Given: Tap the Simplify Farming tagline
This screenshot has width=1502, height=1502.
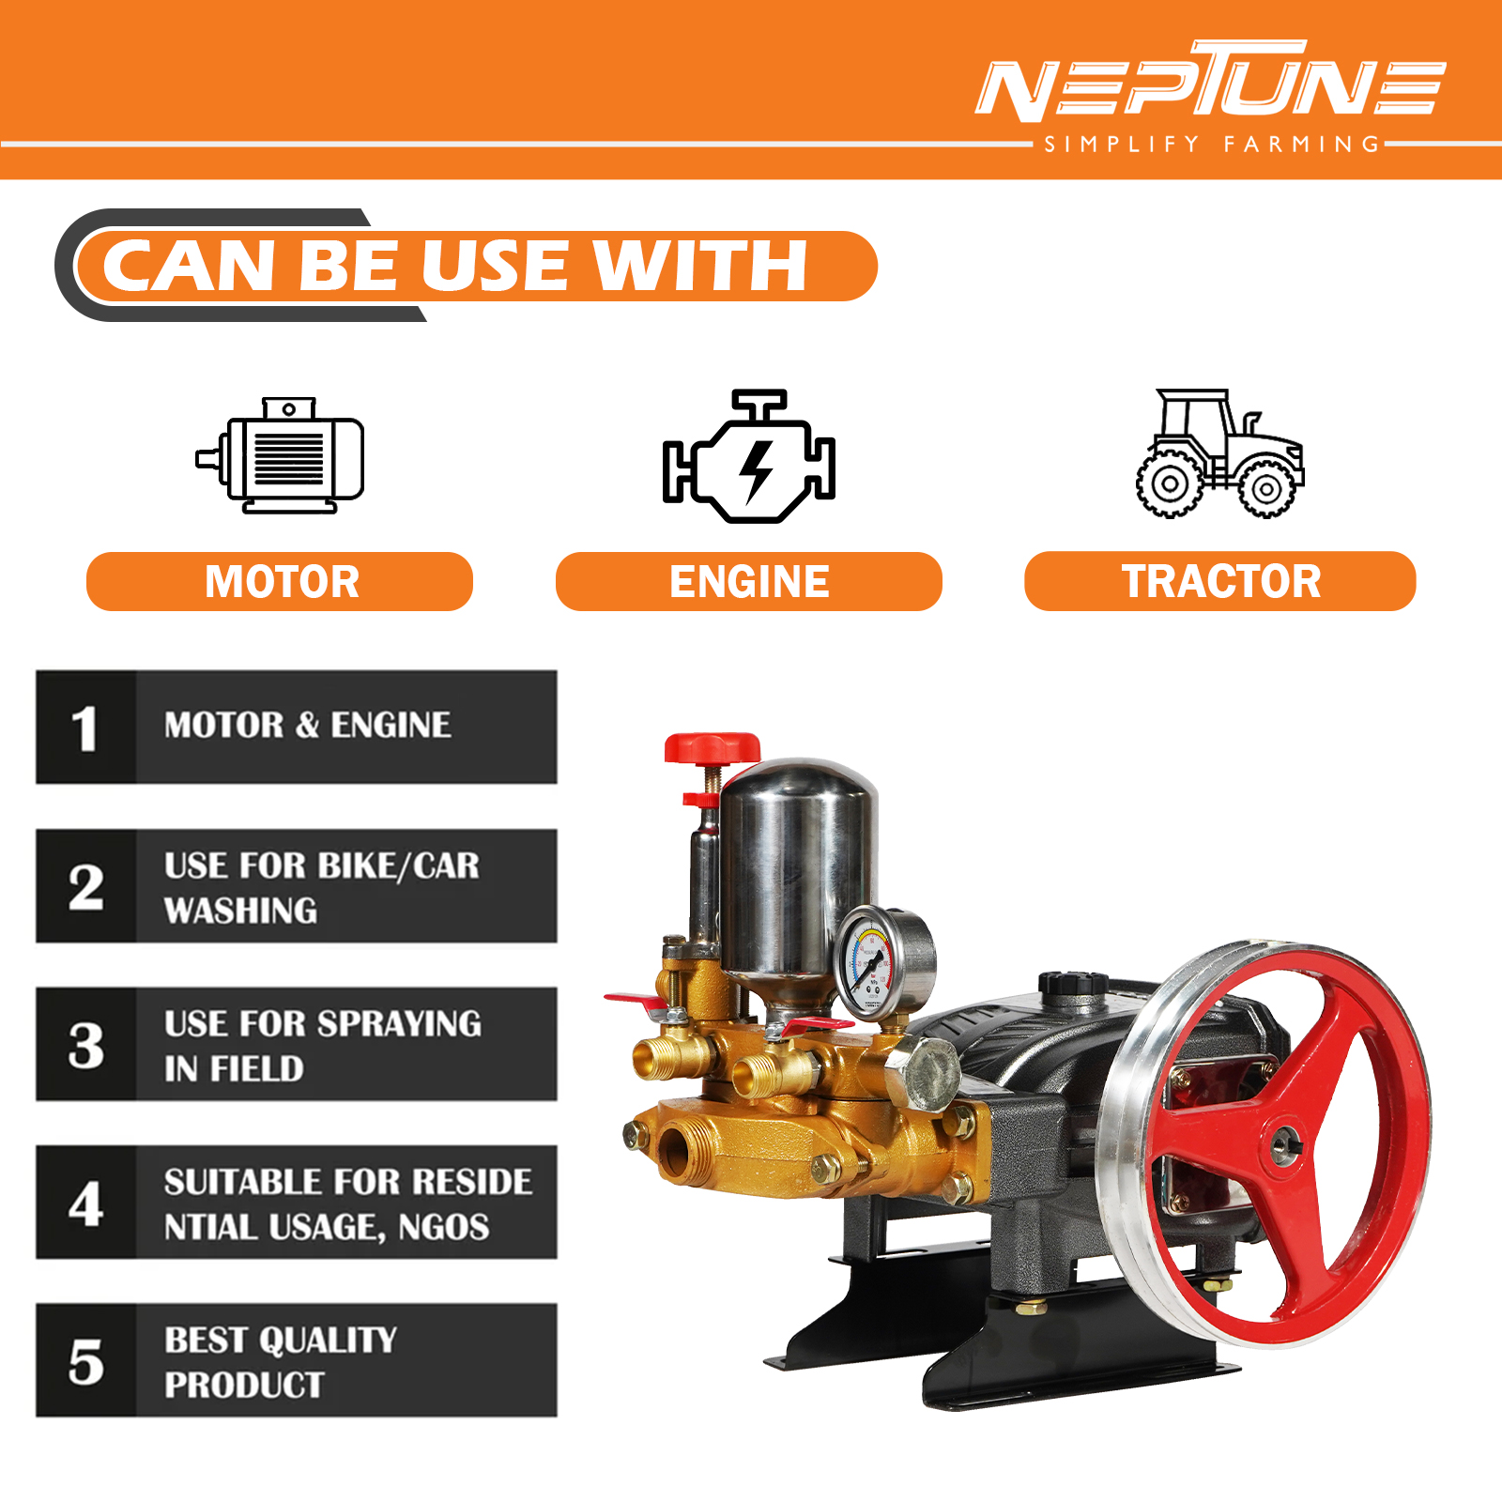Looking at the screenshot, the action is [1212, 145].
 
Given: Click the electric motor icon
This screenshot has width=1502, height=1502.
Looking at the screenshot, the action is [280, 455].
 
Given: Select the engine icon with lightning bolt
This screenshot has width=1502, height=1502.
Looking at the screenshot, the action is [749, 456].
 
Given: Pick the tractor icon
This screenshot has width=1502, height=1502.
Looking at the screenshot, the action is [1219, 452].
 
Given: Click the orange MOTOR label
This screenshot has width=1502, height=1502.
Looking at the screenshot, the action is [280, 581].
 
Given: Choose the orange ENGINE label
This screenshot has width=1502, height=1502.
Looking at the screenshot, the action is [749, 581].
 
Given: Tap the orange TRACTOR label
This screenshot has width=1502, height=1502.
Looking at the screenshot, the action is [1220, 581].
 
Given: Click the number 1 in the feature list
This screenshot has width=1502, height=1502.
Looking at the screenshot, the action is [84, 728].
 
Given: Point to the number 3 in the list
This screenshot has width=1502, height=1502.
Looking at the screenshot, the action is [85, 1045].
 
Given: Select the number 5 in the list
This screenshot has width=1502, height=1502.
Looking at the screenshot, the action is [85, 1362].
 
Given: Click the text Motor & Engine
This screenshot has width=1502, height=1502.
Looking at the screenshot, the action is [307, 725].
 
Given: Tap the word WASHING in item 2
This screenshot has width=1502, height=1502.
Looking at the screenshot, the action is [240, 910].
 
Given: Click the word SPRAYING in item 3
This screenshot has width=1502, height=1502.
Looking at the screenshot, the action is [401, 1023].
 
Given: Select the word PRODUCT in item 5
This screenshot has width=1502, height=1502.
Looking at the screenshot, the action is [244, 1385].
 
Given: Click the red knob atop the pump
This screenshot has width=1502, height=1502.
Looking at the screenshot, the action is [712, 748].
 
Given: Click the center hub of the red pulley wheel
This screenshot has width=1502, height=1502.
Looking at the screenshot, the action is [1282, 1142].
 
